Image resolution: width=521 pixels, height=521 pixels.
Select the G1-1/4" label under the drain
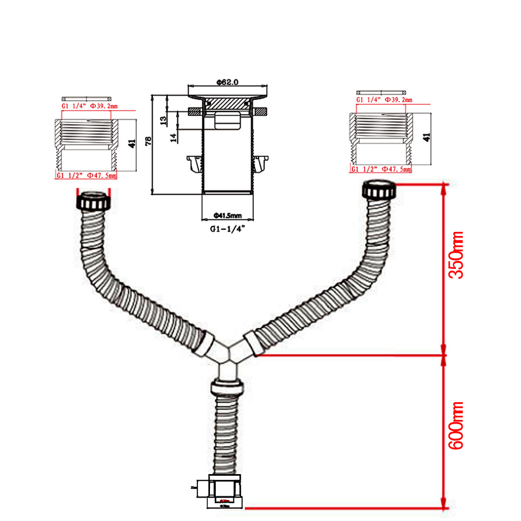[227, 228]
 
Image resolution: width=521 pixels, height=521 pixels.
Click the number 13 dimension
[164, 120]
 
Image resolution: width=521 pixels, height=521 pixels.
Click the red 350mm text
[457, 255]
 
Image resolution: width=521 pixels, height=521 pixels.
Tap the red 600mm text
[457, 426]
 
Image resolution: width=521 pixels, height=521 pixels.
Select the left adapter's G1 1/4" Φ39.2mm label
[88, 106]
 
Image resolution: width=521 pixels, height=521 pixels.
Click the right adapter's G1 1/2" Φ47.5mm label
[381, 169]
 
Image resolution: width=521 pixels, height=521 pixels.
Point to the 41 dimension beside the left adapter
[132, 143]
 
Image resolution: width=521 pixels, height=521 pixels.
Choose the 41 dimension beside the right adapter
[427, 137]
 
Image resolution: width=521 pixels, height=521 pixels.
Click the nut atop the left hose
[94, 201]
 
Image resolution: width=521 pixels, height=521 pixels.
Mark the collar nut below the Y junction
[228, 388]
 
